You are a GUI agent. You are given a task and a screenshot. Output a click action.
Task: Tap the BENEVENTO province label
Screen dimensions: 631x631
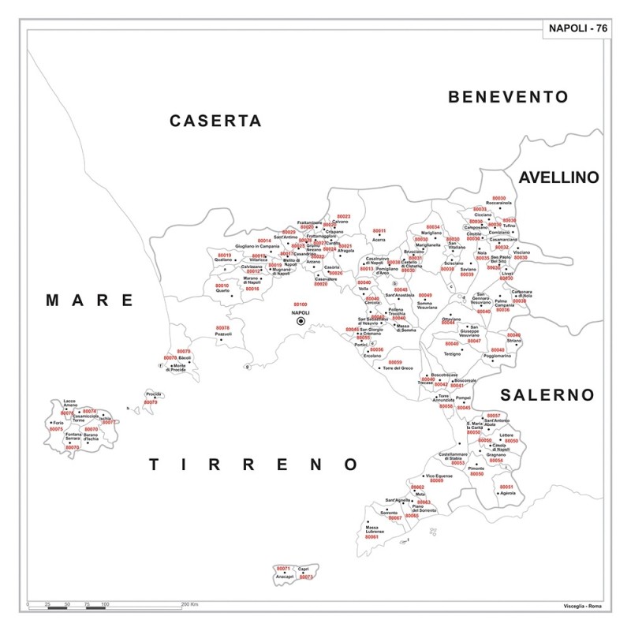(x=508, y=97)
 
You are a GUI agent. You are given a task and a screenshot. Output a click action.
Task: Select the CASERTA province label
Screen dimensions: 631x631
(x=215, y=121)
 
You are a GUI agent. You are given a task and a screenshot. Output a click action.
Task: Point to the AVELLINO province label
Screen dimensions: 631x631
(x=558, y=177)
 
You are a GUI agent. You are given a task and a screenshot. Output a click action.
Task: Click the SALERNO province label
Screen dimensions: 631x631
(x=546, y=394)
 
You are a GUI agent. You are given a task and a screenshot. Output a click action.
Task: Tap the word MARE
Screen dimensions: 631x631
(x=89, y=300)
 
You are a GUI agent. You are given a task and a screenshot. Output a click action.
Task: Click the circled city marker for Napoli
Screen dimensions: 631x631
(x=301, y=321)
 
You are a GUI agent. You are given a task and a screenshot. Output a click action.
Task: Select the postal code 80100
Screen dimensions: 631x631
(x=300, y=304)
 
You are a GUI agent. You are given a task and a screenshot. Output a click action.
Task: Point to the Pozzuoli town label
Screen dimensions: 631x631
(x=224, y=334)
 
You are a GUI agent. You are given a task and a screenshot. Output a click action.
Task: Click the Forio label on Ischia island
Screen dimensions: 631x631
(x=57, y=422)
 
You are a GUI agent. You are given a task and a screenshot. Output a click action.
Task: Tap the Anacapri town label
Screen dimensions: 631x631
(x=284, y=577)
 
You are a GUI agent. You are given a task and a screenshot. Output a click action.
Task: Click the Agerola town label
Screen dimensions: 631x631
(x=507, y=494)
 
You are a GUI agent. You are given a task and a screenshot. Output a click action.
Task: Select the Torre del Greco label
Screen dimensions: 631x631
(x=397, y=368)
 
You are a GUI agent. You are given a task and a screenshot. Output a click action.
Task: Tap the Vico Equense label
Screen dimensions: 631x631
(x=439, y=476)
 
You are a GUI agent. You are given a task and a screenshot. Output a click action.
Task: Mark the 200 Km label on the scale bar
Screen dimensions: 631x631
(x=190, y=603)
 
